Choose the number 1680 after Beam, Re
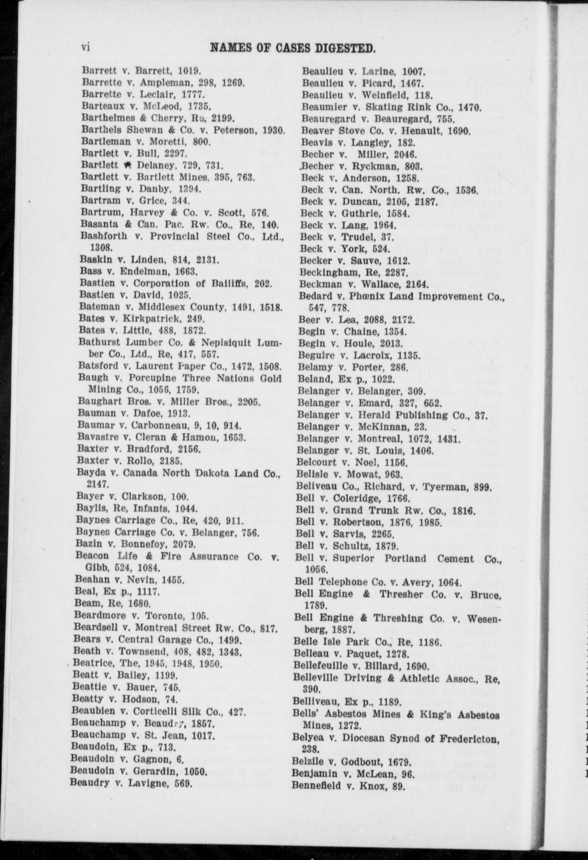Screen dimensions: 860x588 tap(138, 604)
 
